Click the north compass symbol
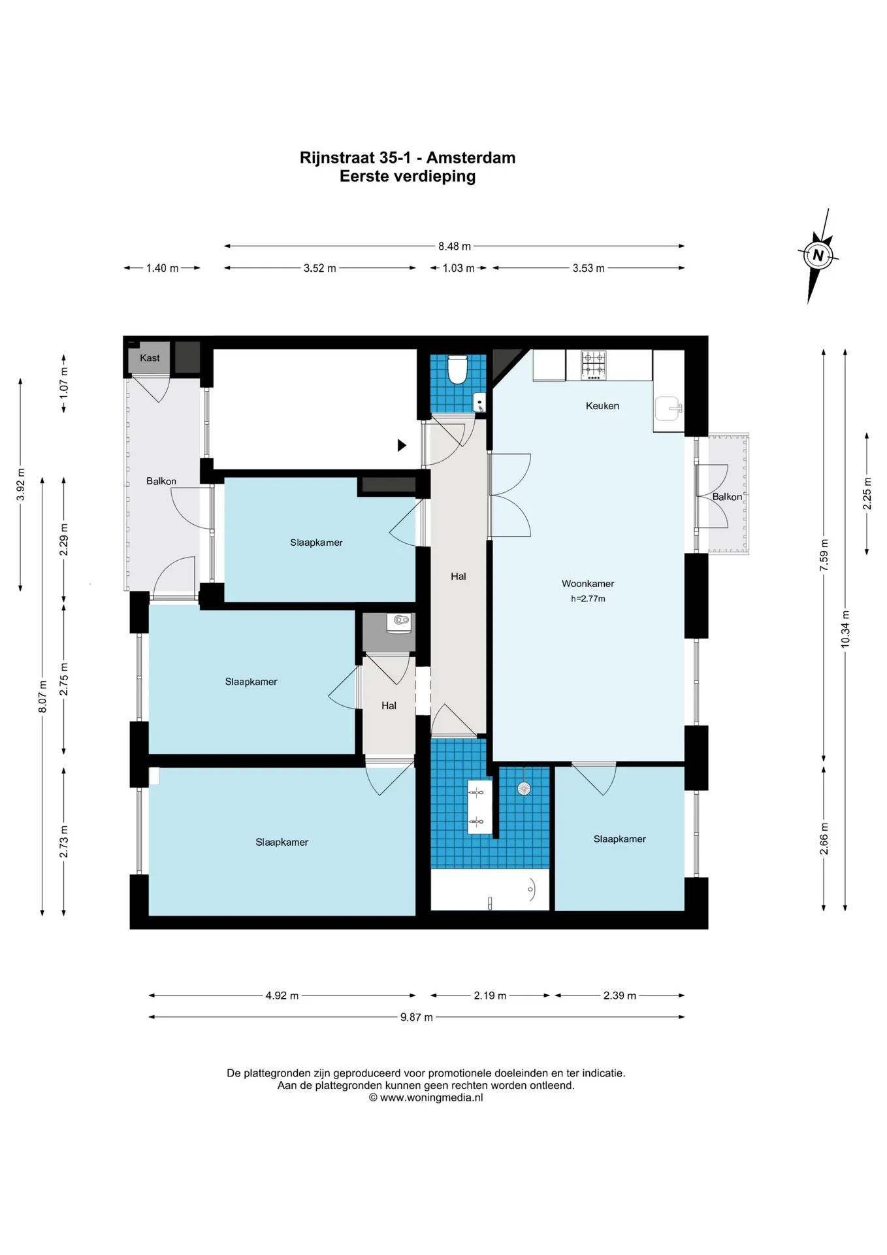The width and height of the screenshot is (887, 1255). tap(818, 255)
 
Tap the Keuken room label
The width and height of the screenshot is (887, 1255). tap(602, 406)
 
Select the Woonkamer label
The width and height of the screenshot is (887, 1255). tap(588, 584)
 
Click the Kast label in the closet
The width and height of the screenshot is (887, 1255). tap(150, 358)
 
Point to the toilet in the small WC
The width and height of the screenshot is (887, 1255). tap(457, 369)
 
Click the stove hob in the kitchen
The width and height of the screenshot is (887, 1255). tap(594, 365)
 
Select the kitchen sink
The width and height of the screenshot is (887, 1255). tap(668, 409)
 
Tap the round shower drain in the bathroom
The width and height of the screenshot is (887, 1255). tap(524, 788)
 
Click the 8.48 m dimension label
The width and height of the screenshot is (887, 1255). tap(455, 246)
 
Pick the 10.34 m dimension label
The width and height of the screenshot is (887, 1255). tap(845, 629)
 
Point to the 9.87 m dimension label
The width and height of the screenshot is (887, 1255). tap(417, 1017)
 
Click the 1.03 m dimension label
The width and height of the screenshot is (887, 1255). tap(459, 268)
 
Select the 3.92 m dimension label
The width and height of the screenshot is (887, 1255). tap(21, 485)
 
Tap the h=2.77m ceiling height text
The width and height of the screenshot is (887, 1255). tap(588, 599)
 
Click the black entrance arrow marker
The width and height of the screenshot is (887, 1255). tap(402, 445)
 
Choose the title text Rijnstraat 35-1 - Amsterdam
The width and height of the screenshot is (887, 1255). tap(408, 158)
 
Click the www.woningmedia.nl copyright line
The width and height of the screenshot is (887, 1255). tap(426, 1097)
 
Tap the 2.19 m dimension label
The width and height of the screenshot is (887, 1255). tap(490, 996)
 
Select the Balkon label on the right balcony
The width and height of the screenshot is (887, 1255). tap(727, 497)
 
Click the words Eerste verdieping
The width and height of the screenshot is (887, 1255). tap(408, 176)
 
